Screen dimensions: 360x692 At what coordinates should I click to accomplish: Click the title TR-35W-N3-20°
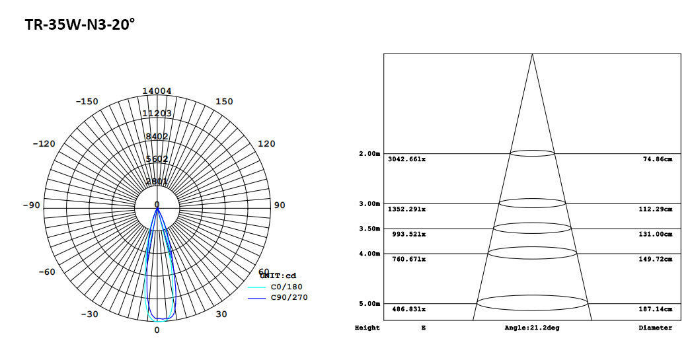80,25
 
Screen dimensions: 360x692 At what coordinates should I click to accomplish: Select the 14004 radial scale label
157,91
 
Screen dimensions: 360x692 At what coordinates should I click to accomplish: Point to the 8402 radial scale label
157,137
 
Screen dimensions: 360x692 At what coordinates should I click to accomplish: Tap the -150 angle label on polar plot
87,102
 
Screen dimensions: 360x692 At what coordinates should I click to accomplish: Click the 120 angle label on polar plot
266,144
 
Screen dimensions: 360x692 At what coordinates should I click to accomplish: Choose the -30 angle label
89,314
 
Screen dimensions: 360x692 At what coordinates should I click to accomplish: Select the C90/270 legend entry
288,297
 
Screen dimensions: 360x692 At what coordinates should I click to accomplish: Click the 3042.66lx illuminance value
406,160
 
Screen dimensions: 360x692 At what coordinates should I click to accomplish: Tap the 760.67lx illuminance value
406,260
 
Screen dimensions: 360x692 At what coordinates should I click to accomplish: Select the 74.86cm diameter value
657,160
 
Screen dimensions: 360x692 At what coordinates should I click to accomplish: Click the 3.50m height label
369,229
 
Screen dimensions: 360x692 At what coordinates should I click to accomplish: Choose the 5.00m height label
369,304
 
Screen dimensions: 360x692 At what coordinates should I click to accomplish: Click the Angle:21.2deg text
531,328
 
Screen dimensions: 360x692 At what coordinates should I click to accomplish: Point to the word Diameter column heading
655,328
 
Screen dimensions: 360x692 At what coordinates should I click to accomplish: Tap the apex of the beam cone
532,54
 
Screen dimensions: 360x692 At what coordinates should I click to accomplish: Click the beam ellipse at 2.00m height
532,153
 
